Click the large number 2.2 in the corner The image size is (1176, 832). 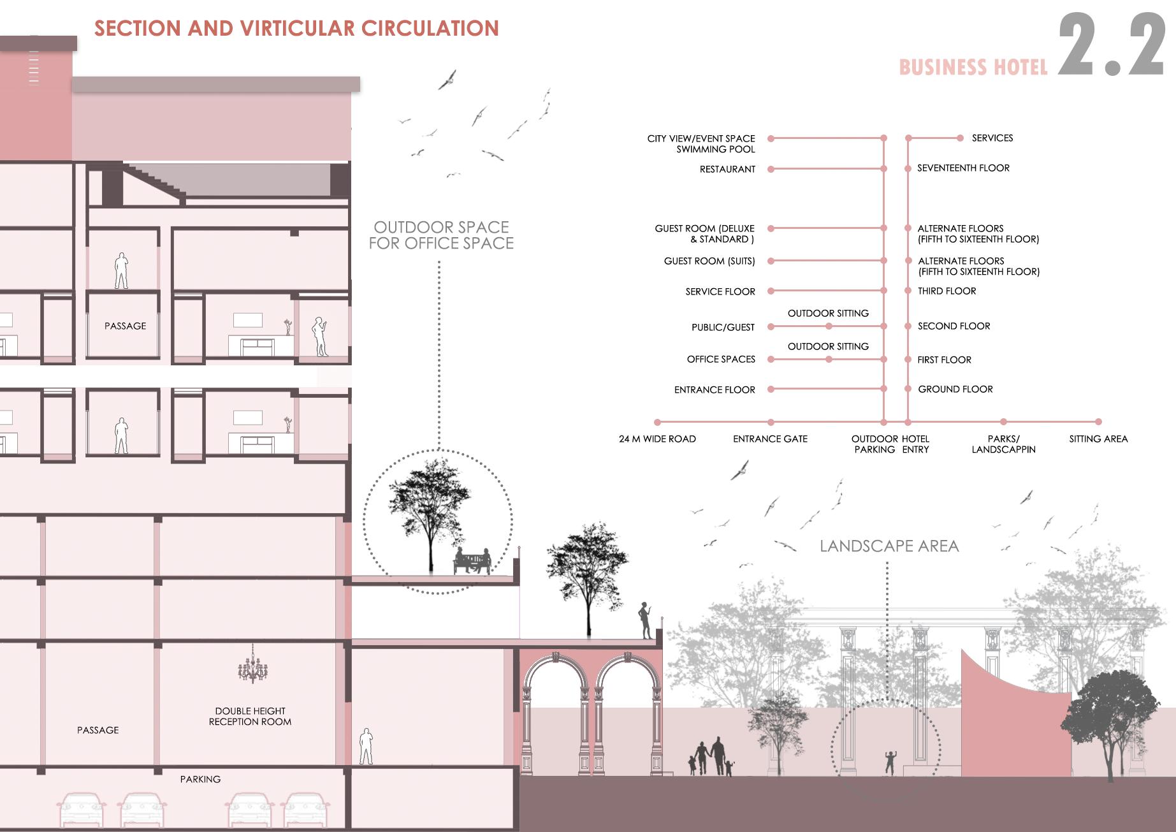(1112, 46)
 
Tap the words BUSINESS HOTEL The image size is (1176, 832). (973, 68)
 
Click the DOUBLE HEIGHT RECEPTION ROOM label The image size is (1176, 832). (250, 716)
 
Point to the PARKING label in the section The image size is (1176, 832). (200, 779)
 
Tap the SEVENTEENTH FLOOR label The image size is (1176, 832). (963, 168)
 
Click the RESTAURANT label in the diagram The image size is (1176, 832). (727, 169)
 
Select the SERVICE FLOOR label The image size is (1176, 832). (720, 291)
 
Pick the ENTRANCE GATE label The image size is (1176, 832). (770, 439)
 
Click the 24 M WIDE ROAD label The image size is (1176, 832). (657, 439)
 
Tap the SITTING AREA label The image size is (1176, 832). (1098, 439)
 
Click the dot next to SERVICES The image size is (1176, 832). (960, 138)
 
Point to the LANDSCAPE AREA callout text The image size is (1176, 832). (889, 546)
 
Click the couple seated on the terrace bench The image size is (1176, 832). (472, 560)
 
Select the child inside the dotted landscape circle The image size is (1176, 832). (890, 763)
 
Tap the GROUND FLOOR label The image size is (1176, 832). (955, 389)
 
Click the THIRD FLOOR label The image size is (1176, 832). (947, 291)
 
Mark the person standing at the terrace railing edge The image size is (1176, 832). (646, 620)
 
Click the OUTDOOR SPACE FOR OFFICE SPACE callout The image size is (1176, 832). (441, 235)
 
